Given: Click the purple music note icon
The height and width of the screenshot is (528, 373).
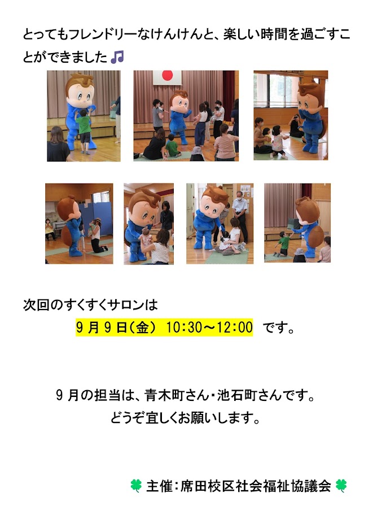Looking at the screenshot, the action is point(117,57).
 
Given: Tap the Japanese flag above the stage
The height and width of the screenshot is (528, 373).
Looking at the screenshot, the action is point(168,77).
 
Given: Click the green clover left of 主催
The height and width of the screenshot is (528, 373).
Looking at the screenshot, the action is point(136,486).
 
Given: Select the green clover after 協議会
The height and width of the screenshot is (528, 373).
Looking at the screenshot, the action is point(341,486).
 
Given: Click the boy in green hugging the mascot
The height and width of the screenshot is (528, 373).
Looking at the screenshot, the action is point(84,130).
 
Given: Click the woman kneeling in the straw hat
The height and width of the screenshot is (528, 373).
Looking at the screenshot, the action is point(97,235).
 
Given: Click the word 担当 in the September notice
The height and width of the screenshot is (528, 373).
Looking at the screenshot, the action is point(107,395).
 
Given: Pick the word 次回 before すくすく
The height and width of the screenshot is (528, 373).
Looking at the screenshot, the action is point(36,305).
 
